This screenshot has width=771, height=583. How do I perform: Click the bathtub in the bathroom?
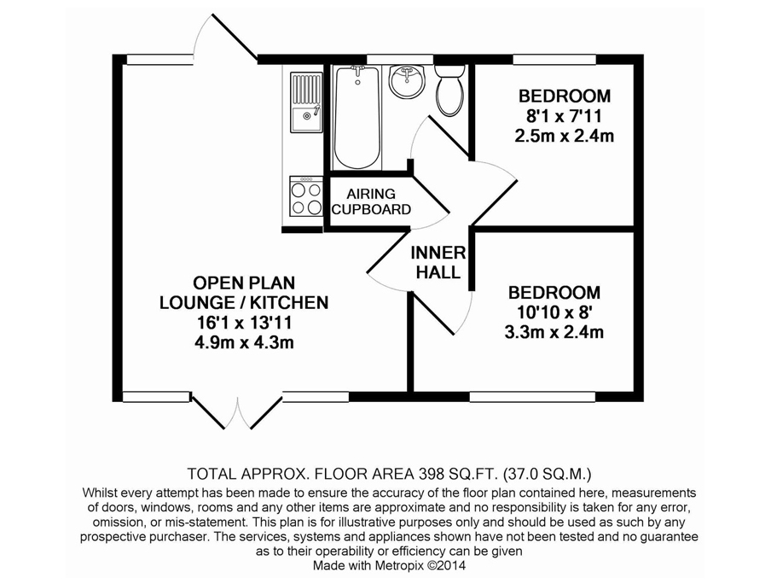tap(357, 117)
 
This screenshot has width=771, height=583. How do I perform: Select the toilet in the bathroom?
tap(449, 90)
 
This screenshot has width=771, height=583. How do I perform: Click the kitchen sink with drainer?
tap(306, 102)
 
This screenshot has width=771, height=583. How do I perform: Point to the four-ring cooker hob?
tap(306, 195)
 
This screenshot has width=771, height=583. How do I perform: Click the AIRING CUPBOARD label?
tap(371, 201)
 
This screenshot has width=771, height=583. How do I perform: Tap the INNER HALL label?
tap(438, 262)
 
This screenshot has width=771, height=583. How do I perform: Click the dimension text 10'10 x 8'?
tap(554, 312)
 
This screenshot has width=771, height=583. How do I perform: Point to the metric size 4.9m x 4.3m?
tap(244, 342)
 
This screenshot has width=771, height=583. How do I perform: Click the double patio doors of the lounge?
tap(237, 411)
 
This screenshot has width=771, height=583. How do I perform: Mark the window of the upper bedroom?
tap(554, 60)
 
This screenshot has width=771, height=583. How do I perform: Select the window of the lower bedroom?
tap(532, 396)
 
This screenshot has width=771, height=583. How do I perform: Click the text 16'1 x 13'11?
tap(244, 323)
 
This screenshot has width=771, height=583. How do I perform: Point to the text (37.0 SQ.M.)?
tap(547, 475)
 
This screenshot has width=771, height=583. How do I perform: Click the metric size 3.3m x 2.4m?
tap(554, 332)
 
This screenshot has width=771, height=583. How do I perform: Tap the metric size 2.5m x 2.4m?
tap(565, 136)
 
